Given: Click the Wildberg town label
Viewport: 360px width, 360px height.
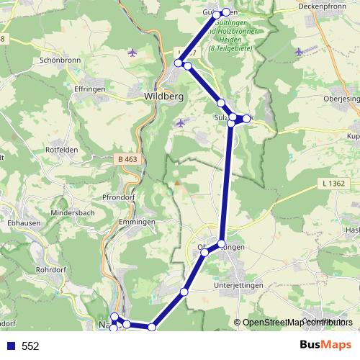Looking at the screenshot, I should point(164,96).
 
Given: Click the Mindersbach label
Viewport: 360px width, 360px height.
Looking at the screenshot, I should point(72,214).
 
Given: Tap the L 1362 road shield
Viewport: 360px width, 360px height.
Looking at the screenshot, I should point(334,184).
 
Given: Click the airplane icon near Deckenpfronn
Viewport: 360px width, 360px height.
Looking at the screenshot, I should point(299,52).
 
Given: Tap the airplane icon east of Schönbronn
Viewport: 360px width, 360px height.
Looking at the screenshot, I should point(131,52).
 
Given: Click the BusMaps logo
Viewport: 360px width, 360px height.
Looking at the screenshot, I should point(325,345).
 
